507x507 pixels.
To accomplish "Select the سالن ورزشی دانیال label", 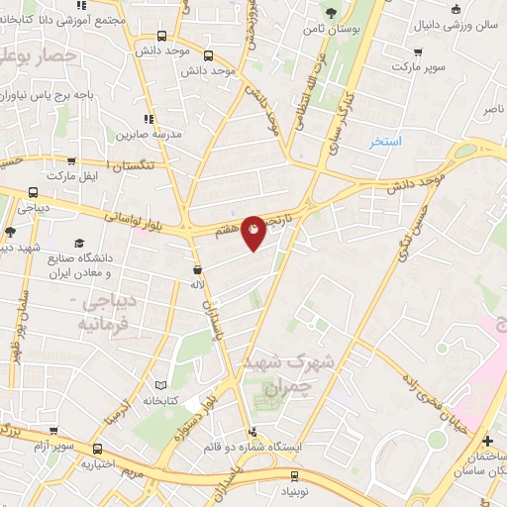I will [x=464, y=23].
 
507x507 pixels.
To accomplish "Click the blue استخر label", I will [x=386, y=142].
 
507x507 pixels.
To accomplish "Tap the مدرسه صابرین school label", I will [x=148, y=134].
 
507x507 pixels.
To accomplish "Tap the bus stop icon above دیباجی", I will [x=33, y=194].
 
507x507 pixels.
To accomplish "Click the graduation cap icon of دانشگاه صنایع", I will [x=79, y=243].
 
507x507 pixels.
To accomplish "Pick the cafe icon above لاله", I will [x=197, y=269].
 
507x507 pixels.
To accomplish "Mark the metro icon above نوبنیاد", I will [x=303, y=476].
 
